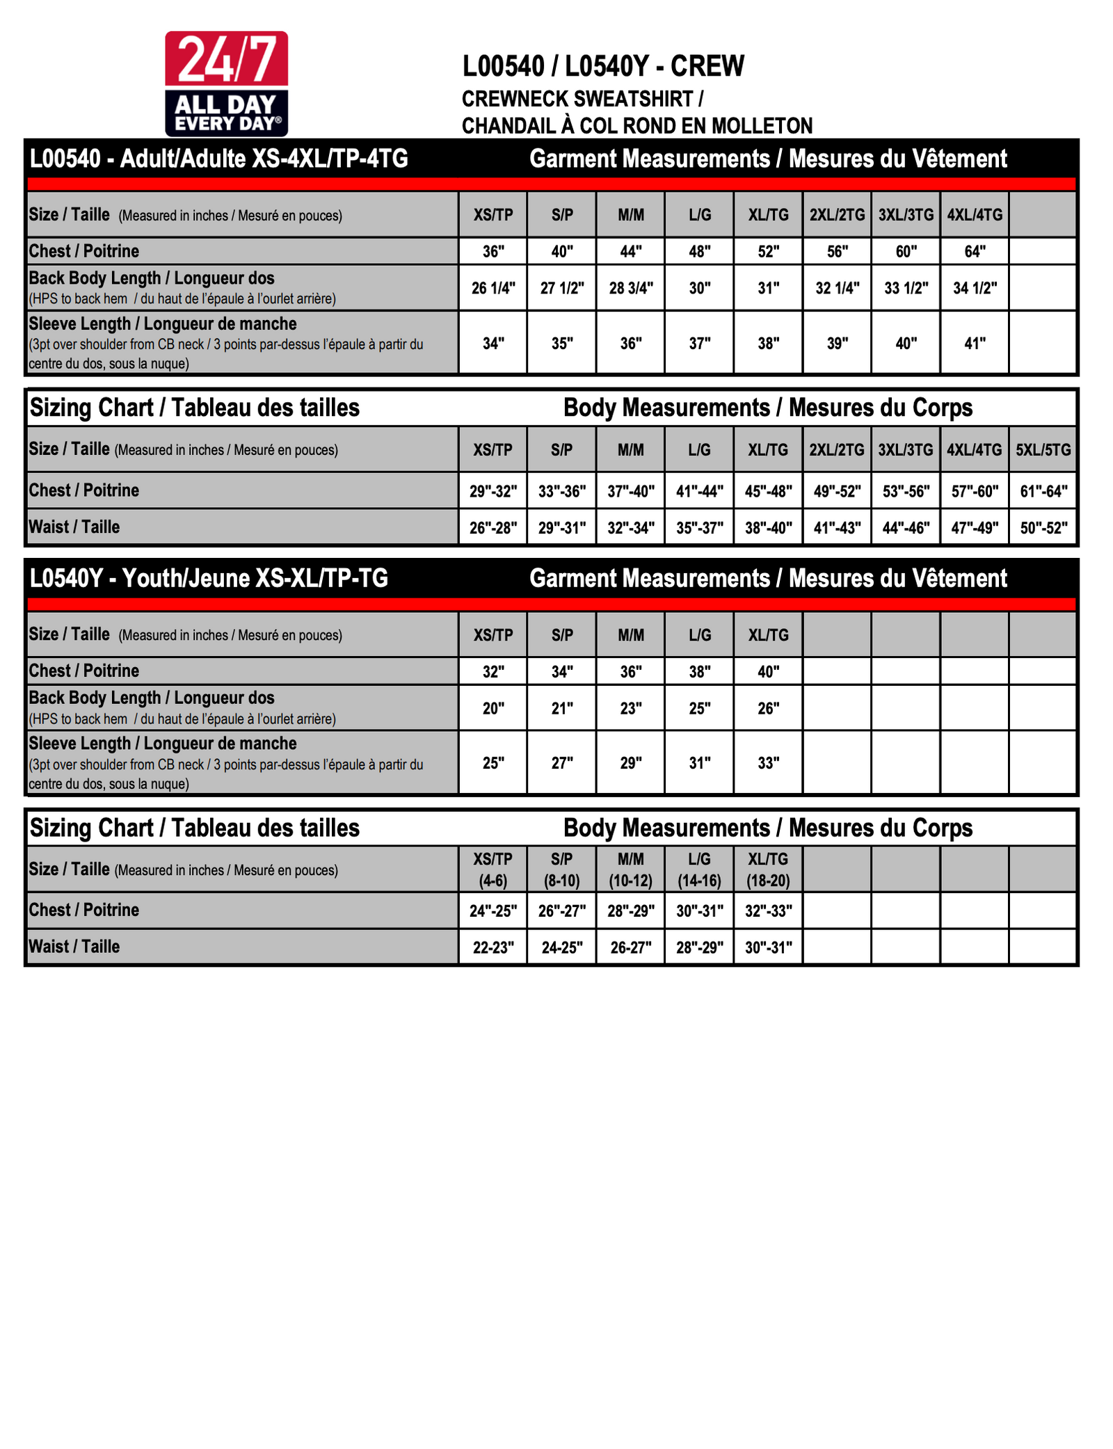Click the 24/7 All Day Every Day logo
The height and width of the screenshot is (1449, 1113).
226,83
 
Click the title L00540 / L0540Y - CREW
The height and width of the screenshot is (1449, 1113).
603,66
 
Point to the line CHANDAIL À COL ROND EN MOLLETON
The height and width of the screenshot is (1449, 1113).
636,126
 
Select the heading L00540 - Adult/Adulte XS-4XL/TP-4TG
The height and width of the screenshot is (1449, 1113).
218,159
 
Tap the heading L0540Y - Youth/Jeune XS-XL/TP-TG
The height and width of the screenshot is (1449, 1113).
209,578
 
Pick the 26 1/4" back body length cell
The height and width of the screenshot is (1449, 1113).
493,288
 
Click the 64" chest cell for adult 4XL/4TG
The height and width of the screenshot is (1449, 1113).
975,251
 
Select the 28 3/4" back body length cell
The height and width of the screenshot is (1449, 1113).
631,288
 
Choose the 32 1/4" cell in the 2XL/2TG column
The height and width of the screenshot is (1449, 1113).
837,288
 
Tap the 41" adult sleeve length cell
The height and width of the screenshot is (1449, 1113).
975,343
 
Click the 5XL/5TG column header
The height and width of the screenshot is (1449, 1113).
1043,449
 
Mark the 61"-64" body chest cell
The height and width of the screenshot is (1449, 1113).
1043,491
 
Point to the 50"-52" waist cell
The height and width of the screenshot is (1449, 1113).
1043,527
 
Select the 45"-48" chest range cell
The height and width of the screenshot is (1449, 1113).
768,491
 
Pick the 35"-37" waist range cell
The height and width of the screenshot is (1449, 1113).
699,527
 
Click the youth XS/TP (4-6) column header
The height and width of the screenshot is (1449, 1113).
493,870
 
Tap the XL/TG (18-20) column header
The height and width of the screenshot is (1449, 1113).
768,870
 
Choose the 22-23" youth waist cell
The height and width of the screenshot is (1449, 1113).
493,947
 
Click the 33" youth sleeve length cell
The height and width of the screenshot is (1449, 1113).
768,762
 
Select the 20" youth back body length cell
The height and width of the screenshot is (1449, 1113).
493,708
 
